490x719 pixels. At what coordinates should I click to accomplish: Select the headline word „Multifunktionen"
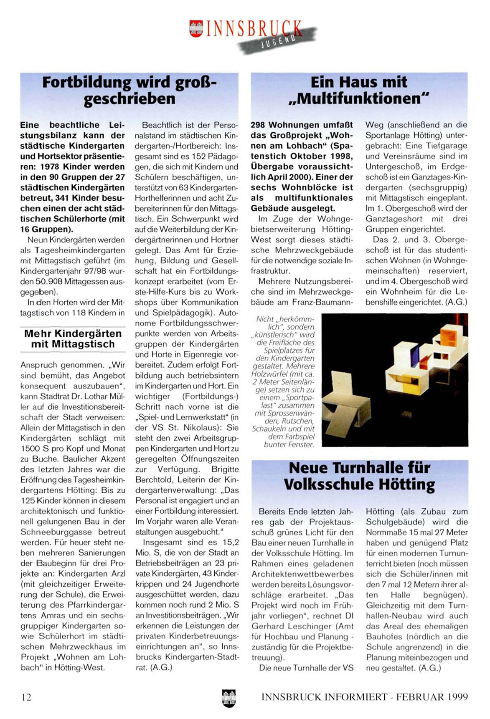[359, 99]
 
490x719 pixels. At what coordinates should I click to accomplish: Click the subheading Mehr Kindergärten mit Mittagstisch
[73, 339]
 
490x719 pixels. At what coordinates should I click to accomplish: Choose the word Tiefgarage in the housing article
[448, 146]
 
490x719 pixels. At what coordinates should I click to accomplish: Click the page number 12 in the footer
[26, 697]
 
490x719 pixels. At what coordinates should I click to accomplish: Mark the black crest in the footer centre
[228, 698]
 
